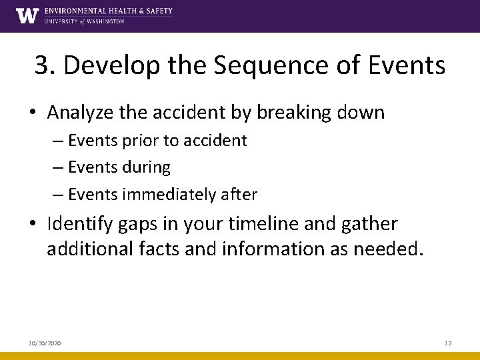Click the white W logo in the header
click(x=27, y=15)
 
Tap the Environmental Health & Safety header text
click(x=108, y=11)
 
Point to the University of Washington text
click(x=84, y=21)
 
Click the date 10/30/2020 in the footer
click(x=45, y=343)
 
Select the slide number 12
click(x=448, y=343)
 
